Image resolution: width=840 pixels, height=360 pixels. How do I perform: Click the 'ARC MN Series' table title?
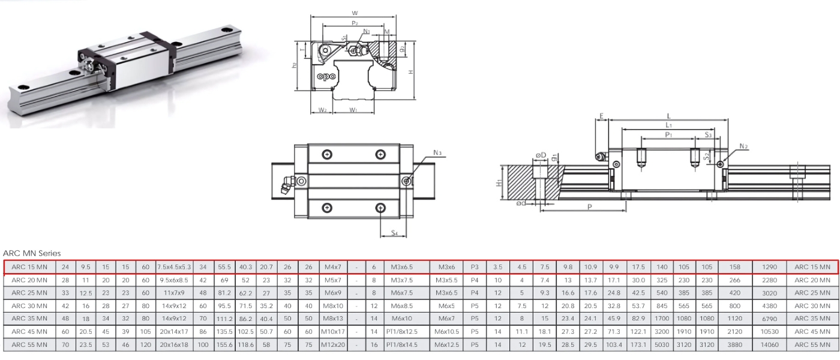pyautogui.click(x=32, y=254)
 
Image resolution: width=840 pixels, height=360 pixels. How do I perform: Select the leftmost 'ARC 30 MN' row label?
pyautogui.click(x=30, y=304)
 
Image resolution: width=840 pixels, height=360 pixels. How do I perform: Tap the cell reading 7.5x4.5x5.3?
pyautogui.click(x=174, y=266)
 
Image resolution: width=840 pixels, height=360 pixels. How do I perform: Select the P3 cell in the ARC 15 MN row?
pyautogui.click(x=475, y=266)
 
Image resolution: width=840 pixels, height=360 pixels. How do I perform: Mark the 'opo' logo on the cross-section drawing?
pyautogui.click(x=326, y=76)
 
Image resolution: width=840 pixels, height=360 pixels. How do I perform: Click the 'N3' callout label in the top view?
pyautogui.click(x=437, y=152)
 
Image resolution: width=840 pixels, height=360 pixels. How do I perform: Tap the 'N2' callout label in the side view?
pyautogui.click(x=743, y=146)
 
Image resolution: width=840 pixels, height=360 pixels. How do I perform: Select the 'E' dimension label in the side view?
pyautogui.click(x=601, y=116)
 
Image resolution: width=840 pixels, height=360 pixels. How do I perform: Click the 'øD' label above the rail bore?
pyautogui.click(x=541, y=156)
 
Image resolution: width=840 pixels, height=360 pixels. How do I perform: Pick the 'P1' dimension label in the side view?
pyautogui.click(x=668, y=135)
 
